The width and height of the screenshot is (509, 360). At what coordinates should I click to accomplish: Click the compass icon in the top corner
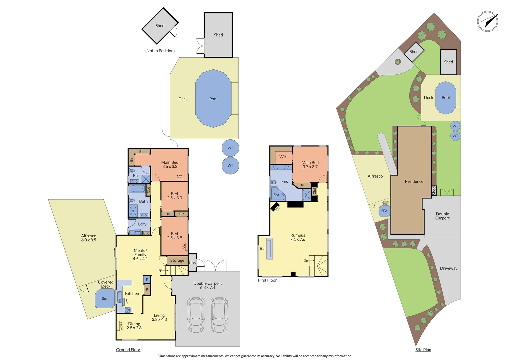pyautogui.click(x=488, y=21)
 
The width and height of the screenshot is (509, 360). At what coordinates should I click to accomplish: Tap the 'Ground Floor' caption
pyautogui.click(x=128, y=350)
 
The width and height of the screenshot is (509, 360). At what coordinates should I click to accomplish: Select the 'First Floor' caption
pyautogui.click(x=267, y=280)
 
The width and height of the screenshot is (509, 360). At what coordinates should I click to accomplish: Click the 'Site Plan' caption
pyautogui.click(x=423, y=350)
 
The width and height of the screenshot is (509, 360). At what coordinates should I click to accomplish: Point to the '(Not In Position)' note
pyautogui.click(x=160, y=51)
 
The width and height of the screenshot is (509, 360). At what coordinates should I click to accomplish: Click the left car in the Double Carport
pyautogui.click(x=196, y=315)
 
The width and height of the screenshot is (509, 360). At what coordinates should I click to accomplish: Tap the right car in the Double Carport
pyautogui.click(x=219, y=315)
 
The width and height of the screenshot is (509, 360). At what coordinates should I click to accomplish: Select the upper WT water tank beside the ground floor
pyautogui.click(x=230, y=148)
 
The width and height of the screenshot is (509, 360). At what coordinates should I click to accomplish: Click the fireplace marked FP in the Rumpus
pyautogui.click(x=275, y=207)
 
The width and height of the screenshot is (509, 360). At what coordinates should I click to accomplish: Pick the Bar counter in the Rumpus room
pyautogui.click(x=269, y=248)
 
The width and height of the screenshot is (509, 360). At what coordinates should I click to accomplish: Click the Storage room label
pyautogui.click(x=177, y=260)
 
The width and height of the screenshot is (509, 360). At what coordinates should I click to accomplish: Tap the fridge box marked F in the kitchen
pyautogui.click(x=147, y=280)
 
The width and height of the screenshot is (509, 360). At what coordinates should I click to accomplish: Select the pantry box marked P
pyautogui.click(x=147, y=289)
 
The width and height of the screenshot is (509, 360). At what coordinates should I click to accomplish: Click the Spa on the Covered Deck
pyautogui.click(x=105, y=298)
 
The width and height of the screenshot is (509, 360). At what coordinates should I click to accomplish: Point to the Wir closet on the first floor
pyautogui.click(x=283, y=157)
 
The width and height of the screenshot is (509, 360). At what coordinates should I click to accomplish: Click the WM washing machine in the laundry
pyautogui.click(x=137, y=231)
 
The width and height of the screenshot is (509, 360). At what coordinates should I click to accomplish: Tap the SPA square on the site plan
pyautogui.click(x=384, y=211)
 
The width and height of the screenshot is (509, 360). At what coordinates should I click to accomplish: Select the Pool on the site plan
pyautogui.click(x=446, y=98)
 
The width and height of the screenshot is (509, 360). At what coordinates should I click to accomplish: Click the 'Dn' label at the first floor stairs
pyautogui.click(x=306, y=261)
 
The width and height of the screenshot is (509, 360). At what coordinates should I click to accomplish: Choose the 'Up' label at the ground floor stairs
pyautogui.click(x=160, y=270)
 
